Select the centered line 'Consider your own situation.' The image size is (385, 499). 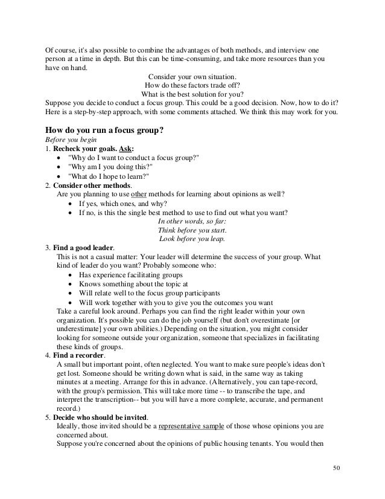[x=191, y=77]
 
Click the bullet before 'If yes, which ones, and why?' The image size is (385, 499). [x=72, y=204]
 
